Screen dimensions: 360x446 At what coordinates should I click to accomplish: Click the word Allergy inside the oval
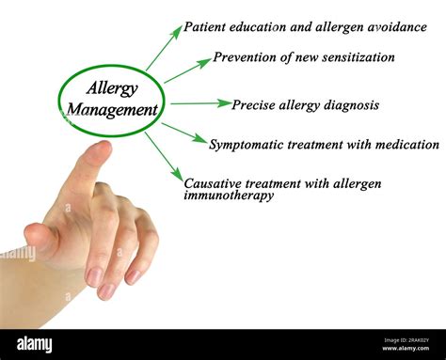[112, 88]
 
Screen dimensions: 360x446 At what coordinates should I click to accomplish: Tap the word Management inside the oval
[112, 110]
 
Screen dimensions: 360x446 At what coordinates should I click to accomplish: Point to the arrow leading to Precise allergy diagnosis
[200, 102]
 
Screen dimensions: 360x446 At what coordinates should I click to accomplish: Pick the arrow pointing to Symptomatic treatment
[183, 133]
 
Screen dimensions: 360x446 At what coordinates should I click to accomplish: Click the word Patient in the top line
[207, 27]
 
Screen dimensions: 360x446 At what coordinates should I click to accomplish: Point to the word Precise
[254, 105]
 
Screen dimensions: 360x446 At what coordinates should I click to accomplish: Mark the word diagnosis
[348, 105]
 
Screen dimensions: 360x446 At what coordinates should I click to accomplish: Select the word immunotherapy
[229, 196]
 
